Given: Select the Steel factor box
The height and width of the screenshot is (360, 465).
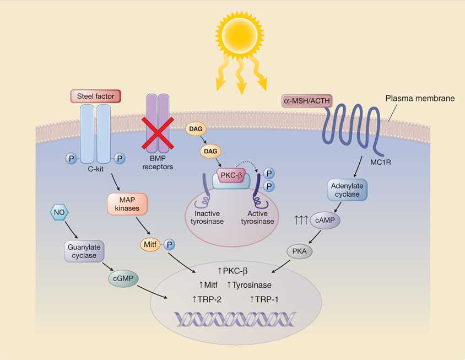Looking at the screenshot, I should click(95, 96).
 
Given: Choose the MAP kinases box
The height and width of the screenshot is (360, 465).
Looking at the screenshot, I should click(127, 203).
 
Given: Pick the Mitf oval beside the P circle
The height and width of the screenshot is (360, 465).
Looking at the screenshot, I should click(150, 244).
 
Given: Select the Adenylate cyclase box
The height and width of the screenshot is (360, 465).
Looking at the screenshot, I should click(347, 190).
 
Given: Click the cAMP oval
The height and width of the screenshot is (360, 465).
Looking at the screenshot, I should click(325, 221).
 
